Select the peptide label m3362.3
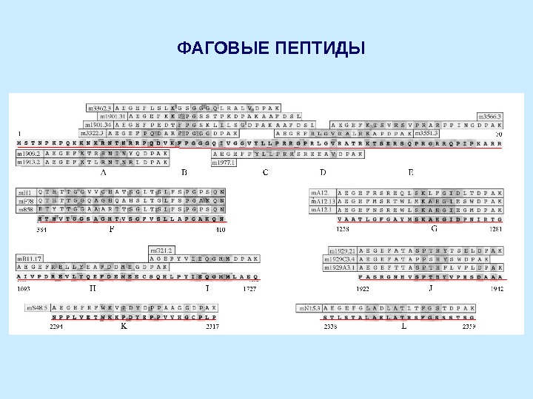tap(99, 108)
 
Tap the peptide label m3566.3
tap(489, 117)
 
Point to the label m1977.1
tap(224, 163)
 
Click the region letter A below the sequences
tap(103, 172)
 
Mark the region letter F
tap(111, 229)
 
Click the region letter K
tap(124, 325)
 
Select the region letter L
tap(403, 325)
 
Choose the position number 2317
tap(212, 326)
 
